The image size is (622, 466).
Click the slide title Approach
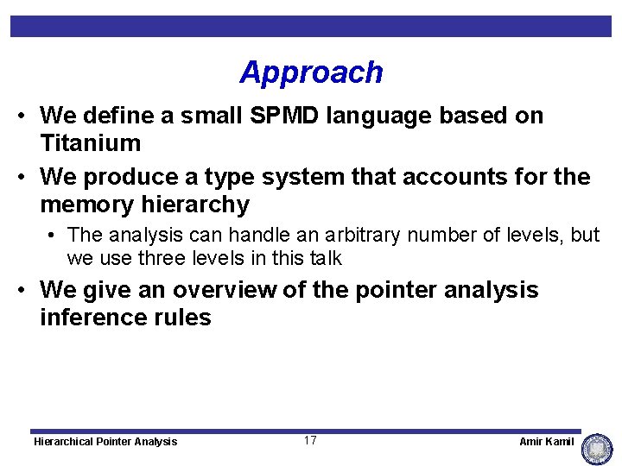tap(311, 72)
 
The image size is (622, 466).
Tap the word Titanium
tap(90, 142)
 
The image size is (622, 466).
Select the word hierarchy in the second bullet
tap(200, 205)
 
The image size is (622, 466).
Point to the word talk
tap(323, 258)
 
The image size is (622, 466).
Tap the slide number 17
tap(310, 441)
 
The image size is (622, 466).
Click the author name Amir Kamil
tap(546, 442)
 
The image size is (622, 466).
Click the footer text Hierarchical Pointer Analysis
tap(105, 442)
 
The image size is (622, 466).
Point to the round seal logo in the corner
tap(597, 448)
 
